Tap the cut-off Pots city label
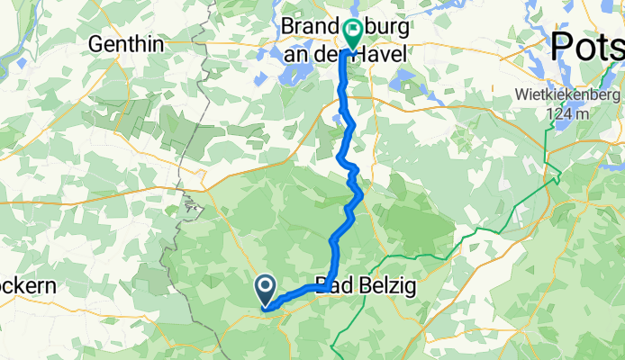click(587, 45)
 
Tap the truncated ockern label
click(27, 287)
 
